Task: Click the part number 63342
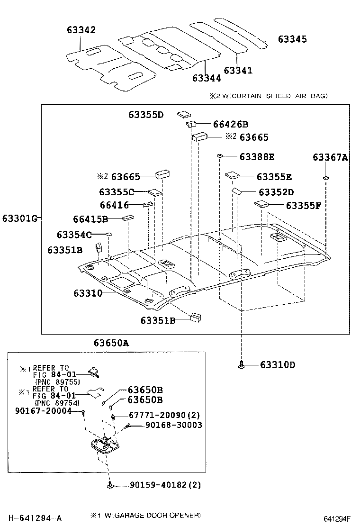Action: tap(81, 30)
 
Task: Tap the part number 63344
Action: tap(207, 77)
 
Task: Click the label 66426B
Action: tap(230, 125)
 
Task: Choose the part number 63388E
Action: tap(257, 156)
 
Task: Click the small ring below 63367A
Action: tap(326, 178)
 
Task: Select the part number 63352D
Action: tap(276, 192)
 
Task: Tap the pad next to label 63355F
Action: tap(261, 204)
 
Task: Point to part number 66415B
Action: tap(90, 219)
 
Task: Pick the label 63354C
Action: tap(73, 235)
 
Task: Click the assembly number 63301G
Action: tap(19, 218)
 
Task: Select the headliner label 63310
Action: tap(88, 293)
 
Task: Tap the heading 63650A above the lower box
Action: tap(111, 343)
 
